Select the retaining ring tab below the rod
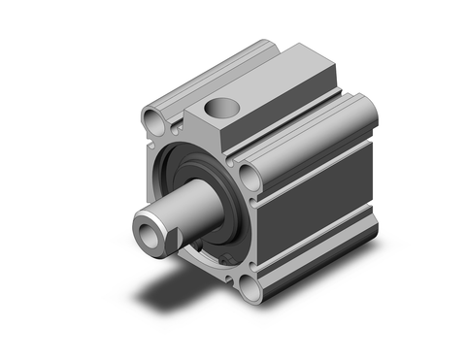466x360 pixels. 225,258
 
